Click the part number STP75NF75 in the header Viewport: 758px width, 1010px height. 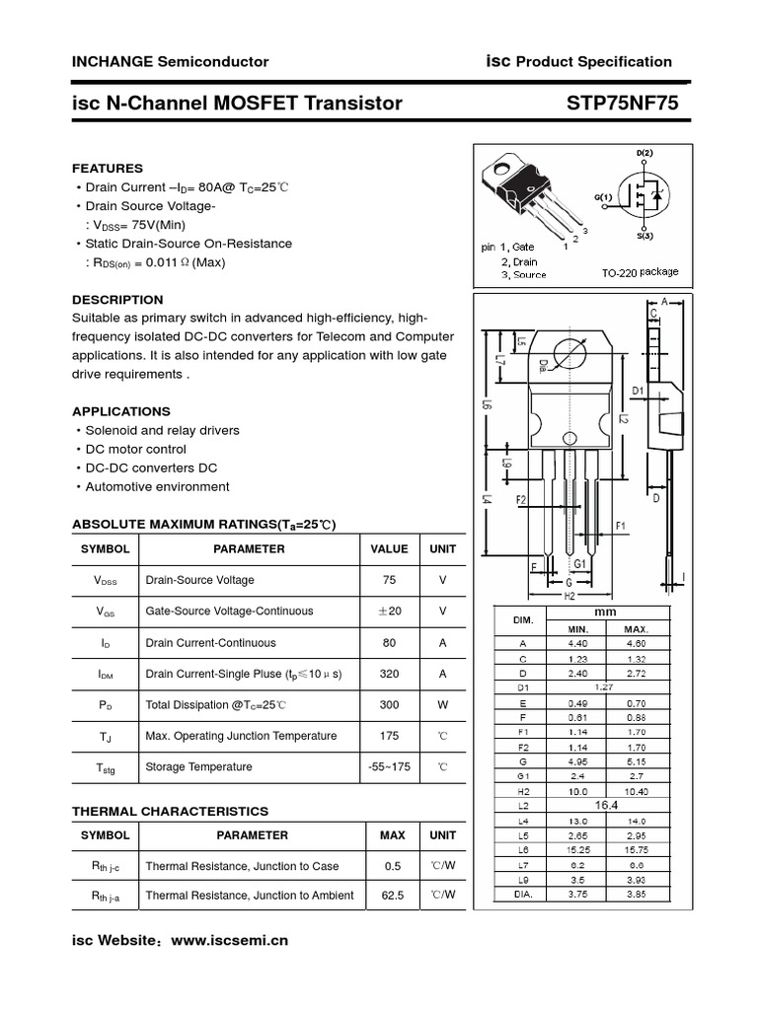coord(623,103)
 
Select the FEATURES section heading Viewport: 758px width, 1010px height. coord(108,169)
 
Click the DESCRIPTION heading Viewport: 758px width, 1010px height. coord(117,300)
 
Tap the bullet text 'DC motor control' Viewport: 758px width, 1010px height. coord(135,449)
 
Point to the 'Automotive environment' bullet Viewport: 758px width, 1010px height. coord(157,486)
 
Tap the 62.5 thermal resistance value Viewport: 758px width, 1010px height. coord(392,896)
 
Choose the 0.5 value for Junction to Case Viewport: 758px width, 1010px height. coord(392,866)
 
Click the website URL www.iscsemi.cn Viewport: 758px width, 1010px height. coord(230,941)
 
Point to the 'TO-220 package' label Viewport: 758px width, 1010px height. coord(640,271)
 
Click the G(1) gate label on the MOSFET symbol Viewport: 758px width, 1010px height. coord(603,197)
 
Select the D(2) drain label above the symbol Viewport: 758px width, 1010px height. coord(644,154)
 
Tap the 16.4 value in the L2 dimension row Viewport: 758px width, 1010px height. coord(606,806)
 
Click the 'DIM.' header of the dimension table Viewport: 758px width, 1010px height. coord(523,620)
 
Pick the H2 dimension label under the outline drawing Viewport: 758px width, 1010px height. coord(569,596)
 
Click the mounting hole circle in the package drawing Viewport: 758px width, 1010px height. coord(569,354)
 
